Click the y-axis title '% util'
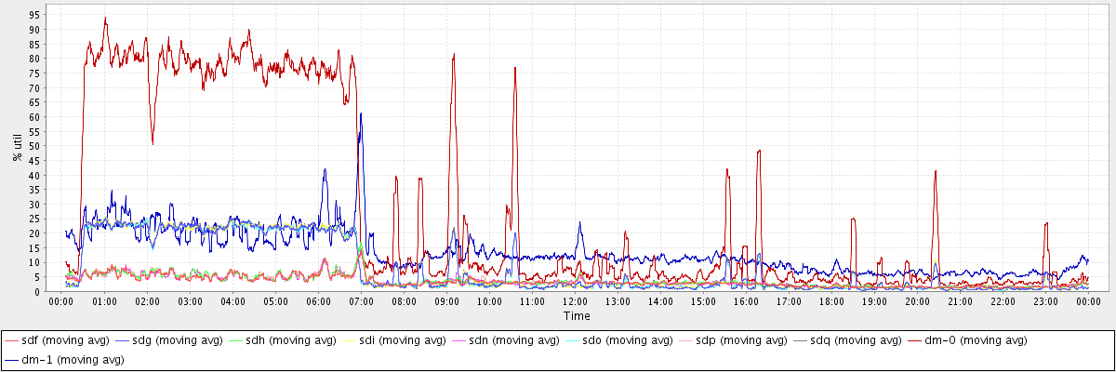17,147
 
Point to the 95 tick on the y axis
34,16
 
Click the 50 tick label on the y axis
34,147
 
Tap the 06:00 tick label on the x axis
318,301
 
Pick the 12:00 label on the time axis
575,301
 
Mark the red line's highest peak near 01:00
105,18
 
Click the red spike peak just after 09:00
454,54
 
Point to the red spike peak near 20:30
936,171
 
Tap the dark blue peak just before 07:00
361,113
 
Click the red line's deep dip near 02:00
153,143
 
